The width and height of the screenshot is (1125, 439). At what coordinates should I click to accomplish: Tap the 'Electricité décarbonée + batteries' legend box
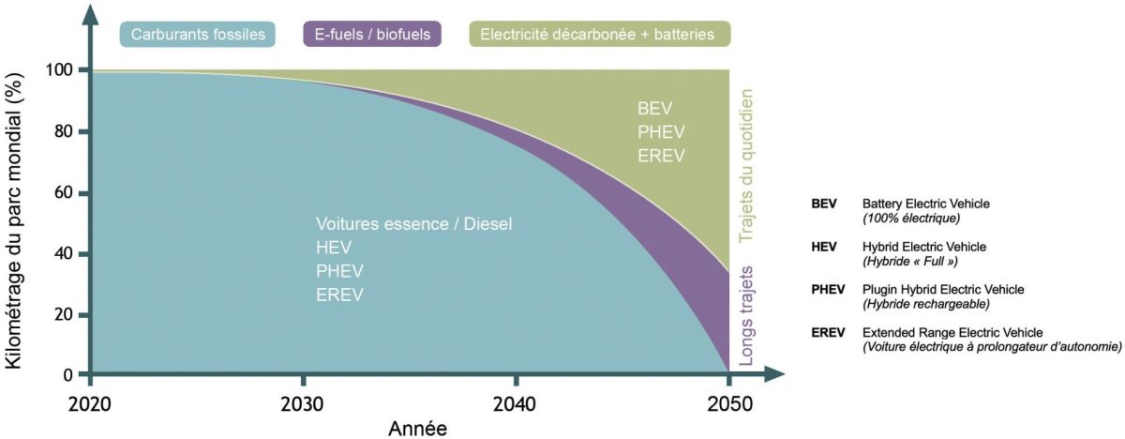[597, 36]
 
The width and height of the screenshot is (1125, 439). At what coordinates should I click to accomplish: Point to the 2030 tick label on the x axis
[302, 404]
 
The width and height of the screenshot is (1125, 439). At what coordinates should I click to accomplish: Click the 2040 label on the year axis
[515, 404]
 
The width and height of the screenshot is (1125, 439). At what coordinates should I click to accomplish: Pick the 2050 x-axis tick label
[727, 404]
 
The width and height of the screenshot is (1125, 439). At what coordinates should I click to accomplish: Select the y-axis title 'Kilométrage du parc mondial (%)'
[16, 219]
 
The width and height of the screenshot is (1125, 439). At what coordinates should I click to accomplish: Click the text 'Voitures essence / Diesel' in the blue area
[415, 225]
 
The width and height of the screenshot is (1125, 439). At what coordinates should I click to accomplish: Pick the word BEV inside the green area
[653, 108]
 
